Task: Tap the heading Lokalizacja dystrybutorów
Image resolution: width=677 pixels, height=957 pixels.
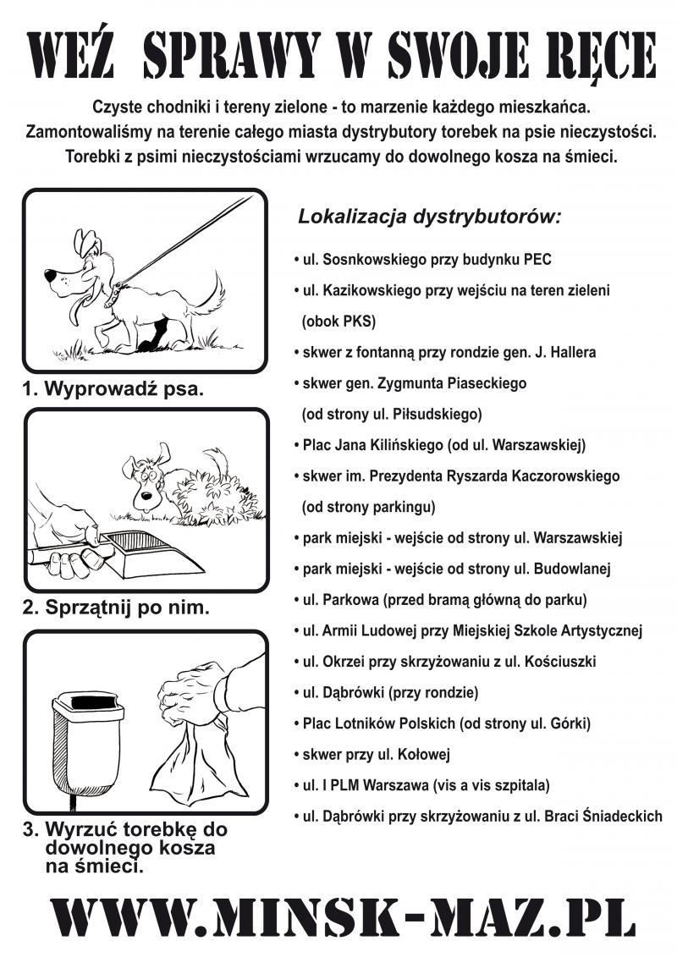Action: click(x=429, y=217)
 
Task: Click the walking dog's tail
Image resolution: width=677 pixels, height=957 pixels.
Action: click(x=212, y=292)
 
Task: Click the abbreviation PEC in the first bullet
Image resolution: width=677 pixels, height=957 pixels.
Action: click(x=537, y=260)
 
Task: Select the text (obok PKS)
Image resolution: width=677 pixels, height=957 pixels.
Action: click(x=338, y=322)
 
